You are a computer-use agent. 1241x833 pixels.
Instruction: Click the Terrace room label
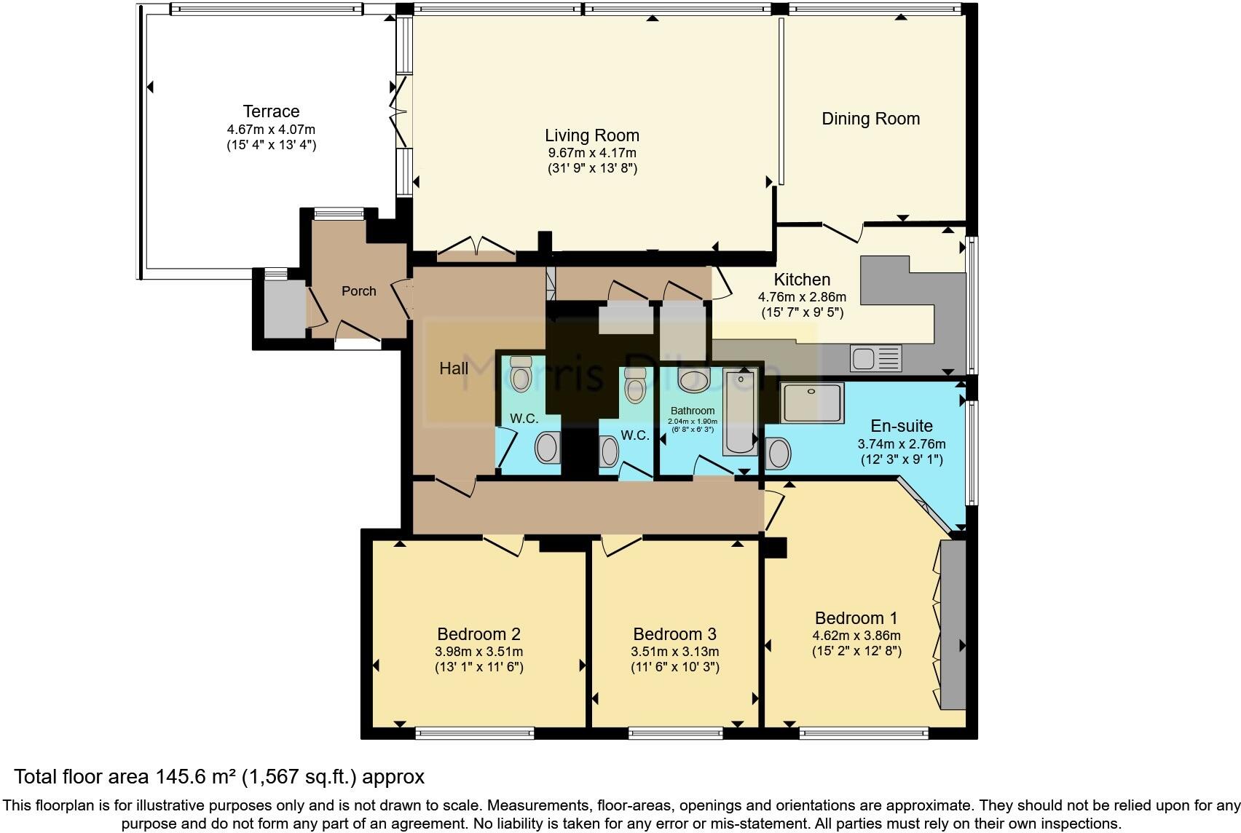pyautogui.click(x=271, y=111)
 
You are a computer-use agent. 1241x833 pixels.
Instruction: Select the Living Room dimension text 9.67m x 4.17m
pyautogui.click(x=592, y=153)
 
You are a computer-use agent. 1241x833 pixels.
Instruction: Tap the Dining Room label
pyautogui.click(x=870, y=119)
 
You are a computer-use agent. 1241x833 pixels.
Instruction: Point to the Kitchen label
pyautogui.click(x=802, y=280)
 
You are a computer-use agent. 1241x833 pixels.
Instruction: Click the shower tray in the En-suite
pyautogui.click(x=811, y=402)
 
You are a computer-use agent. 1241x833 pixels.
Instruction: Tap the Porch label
pyautogui.click(x=359, y=291)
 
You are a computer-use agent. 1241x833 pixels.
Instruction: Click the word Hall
pyautogui.click(x=454, y=368)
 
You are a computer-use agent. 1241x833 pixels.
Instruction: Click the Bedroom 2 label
pyautogui.click(x=478, y=634)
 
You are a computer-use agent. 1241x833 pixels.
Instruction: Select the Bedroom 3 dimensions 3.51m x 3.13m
pyautogui.click(x=675, y=652)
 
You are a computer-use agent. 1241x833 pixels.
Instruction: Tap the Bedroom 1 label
pyautogui.click(x=856, y=618)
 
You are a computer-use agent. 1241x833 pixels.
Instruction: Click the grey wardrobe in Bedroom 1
pyautogui.click(x=953, y=624)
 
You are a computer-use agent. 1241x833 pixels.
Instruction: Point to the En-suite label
pyautogui.click(x=902, y=426)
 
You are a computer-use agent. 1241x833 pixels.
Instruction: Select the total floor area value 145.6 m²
pyautogui.click(x=194, y=777)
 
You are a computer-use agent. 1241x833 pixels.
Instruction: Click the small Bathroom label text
pyautogui.click(x=692, y=411)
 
